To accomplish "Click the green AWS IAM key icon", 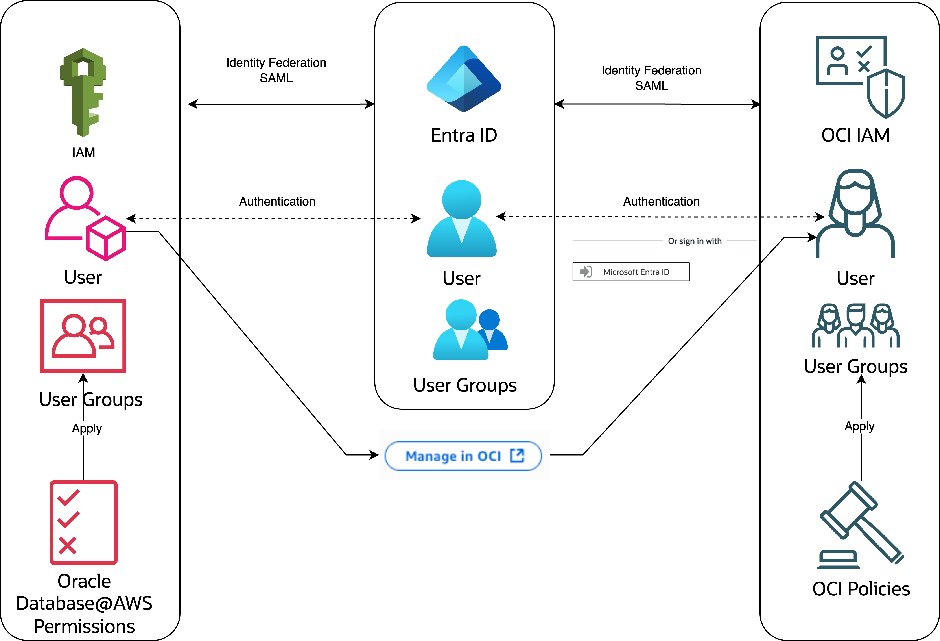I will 83,92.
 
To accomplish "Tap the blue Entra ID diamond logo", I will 464,79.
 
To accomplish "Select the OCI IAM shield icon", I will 860,77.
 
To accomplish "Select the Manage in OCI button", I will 463,456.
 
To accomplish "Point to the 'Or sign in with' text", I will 695,241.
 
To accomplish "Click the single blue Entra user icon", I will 461,219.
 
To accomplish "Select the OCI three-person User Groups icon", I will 855,326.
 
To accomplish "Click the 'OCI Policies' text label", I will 861,589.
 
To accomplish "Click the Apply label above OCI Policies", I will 859,426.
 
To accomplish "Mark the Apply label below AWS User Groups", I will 87,428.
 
